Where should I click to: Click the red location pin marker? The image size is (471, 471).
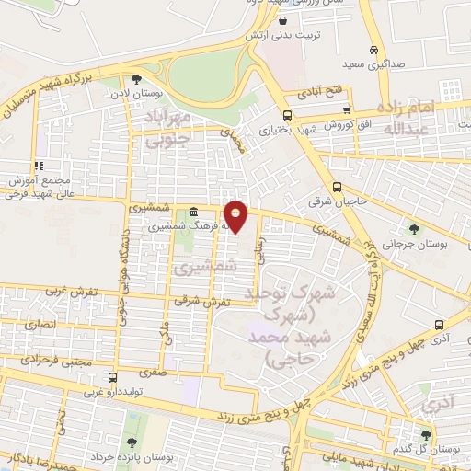coord(236,217)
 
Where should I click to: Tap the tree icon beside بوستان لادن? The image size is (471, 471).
coord(137,79)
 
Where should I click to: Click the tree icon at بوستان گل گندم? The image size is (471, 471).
coord(425,435)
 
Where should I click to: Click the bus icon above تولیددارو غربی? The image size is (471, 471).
coord(112,377)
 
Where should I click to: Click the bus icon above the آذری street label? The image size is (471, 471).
coord(439,325)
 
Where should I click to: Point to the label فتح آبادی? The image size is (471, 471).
coord(318,94)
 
